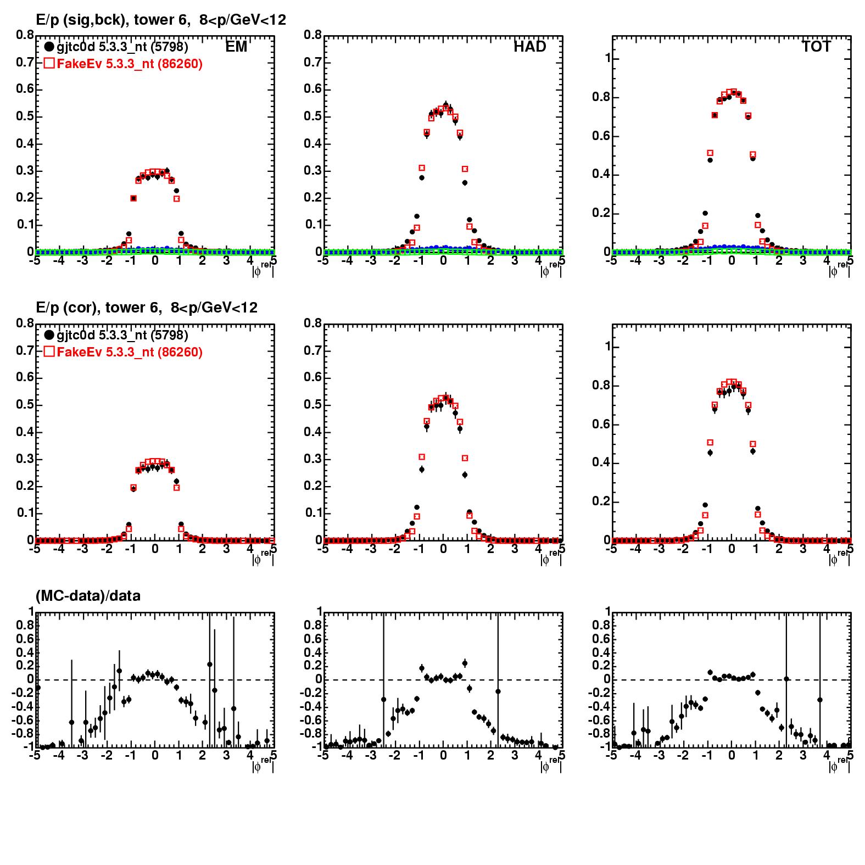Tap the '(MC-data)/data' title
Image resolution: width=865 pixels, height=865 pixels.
(x=88, y=596)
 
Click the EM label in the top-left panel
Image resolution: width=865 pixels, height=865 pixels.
(x=236, y=47)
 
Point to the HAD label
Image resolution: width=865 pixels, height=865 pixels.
(x=529, y=47)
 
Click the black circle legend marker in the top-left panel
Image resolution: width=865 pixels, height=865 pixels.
(x=49, y=47)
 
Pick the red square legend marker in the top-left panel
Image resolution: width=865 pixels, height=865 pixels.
(x=49, y=64)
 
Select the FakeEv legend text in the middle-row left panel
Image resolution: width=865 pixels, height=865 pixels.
(x=130, y=352)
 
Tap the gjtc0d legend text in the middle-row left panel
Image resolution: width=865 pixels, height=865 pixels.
(x=122, y=335)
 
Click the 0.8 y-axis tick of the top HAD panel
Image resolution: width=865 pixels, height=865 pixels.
(x=314, y=35)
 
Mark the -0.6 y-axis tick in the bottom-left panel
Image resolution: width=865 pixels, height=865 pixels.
(x=22, y=720)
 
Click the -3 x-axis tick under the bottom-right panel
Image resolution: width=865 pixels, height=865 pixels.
(x=658, y=755)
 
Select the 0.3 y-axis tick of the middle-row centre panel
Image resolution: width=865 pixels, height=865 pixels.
(x=314, y=459)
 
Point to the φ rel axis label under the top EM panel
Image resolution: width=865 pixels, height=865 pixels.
(x=263, y=270)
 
